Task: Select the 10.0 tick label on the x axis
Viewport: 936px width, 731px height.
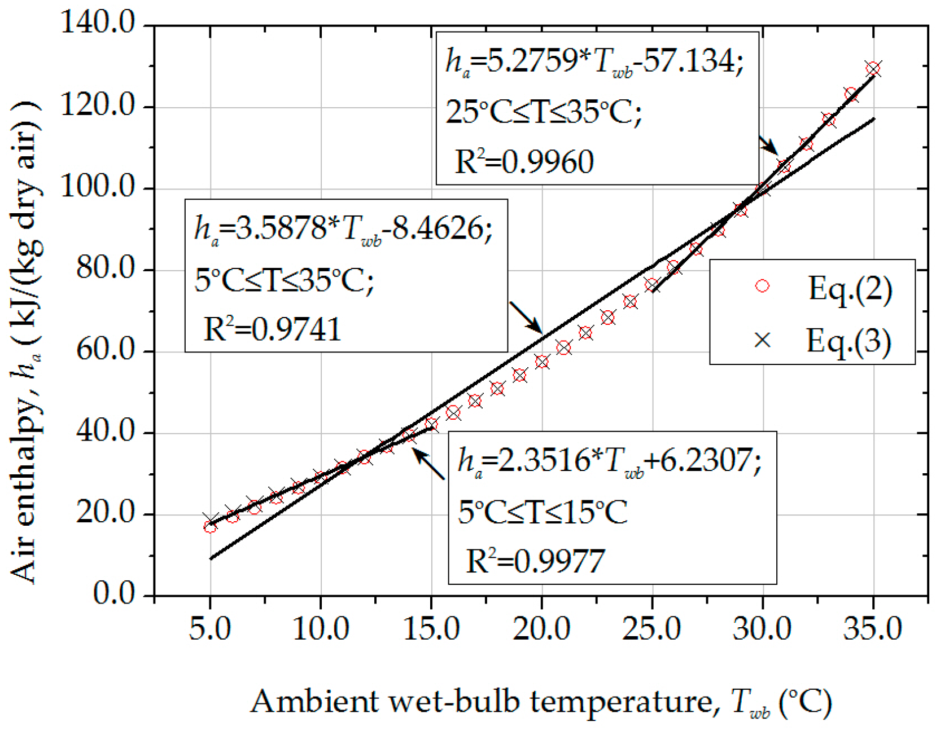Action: [321, 628]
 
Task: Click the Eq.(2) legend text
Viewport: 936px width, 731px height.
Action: [850, 289]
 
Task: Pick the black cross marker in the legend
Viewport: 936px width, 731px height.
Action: [762, 340]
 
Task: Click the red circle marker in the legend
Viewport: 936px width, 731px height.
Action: [762, 286]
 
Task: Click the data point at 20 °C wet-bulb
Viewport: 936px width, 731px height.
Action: [542, 362]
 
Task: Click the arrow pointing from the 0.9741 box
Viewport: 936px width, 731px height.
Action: [526, 318]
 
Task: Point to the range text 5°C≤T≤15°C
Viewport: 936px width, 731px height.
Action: [542, 513]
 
